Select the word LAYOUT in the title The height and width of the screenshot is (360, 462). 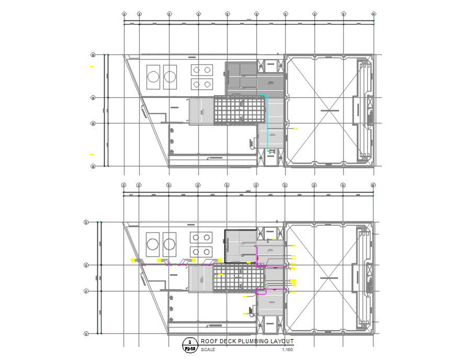click(281, 341)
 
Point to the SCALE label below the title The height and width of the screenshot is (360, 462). click(201, 349)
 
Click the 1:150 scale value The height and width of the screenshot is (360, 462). click(287, 349)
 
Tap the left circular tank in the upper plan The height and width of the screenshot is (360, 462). click(153, 77)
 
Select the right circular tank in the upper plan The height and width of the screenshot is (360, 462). click(170, 77)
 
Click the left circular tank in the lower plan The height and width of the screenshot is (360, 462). click(153, 244)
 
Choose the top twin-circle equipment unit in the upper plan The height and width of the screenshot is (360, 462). click(202, 69)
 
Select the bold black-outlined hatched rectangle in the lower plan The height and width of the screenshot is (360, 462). click(241, 246)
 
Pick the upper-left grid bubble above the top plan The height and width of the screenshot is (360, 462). click(124, 14)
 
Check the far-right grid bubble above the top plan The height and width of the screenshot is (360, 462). click(374, 14)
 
